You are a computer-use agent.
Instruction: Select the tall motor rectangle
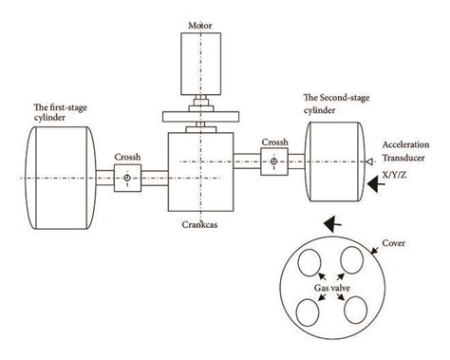click(x=199, y=63)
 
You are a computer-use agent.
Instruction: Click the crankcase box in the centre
click(x=200, y=171)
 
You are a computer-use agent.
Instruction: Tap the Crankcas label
click(x=201, y=226)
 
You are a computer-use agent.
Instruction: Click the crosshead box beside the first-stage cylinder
click(x=126, y=177)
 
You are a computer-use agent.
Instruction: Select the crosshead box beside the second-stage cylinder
click(x=273, y=162)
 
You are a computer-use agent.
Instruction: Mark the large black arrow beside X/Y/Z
click(x=377, y=188)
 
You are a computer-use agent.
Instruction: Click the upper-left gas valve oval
click(x=309, y=259)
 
